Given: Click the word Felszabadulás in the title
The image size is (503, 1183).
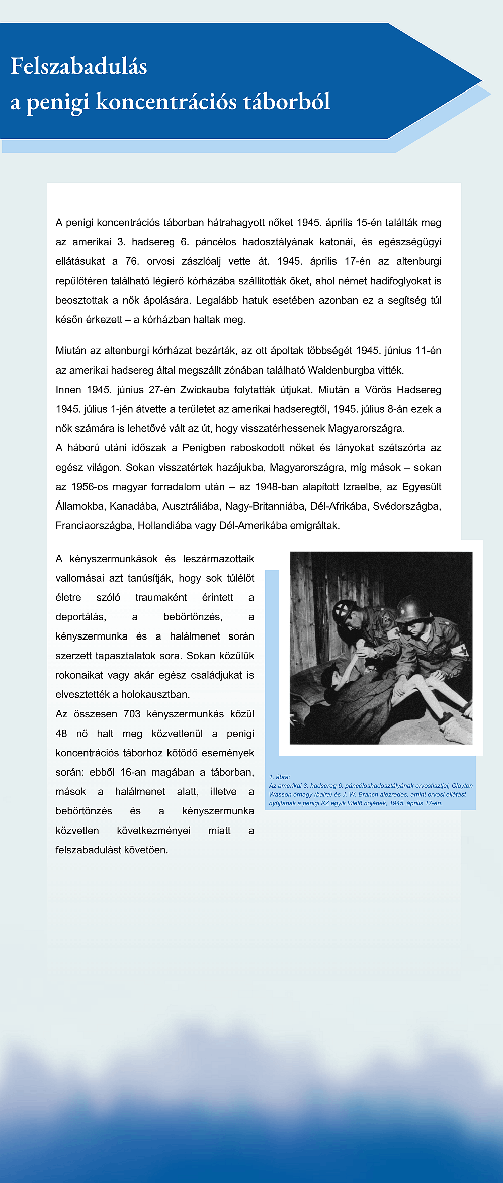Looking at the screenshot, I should [x=78, y=67].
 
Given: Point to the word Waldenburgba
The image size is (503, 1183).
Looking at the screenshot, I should [x=348, y=370].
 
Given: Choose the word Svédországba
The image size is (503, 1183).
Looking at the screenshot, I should [x=406, y=506].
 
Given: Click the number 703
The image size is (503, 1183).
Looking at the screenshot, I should [x=132, y=714].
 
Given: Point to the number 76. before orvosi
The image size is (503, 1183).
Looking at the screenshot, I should [x=132, y=261].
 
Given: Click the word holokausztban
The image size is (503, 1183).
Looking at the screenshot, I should [x=155, y=695].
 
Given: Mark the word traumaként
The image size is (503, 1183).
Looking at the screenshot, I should [x=161, y=597].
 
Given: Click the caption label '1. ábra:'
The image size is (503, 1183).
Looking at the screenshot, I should [x=280, y=777].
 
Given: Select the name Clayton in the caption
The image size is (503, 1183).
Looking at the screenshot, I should [x=462, y=786].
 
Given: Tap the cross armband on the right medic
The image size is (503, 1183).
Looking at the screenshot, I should [x=460, y=651].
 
